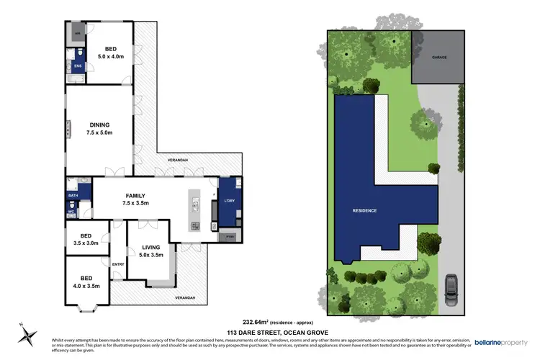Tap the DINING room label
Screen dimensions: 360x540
(x=99, y=127)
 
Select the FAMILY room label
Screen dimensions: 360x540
(x=135, y=199)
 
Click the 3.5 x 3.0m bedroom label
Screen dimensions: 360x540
(x=86, y=240)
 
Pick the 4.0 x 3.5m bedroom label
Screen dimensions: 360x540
(x=86, y=282)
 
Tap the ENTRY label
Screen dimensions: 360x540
(x=118, y=264)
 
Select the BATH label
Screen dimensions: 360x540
(x=73, y=195)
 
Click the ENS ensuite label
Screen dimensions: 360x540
(x=78, y=66)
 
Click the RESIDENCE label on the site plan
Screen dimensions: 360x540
(x=364, y=210)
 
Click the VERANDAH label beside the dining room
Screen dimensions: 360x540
(x=178, y=160)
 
